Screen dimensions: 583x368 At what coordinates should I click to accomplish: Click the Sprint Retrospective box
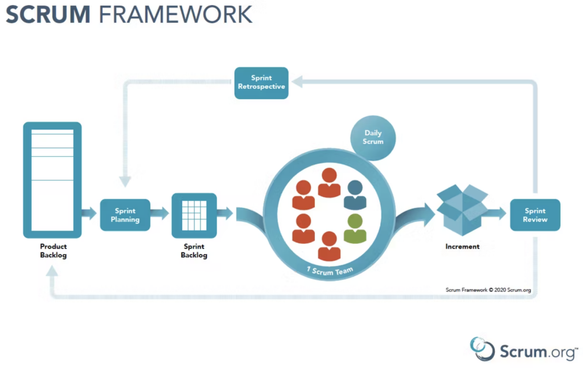pos(261,83)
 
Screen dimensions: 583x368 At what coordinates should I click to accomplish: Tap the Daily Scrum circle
pos(373,138)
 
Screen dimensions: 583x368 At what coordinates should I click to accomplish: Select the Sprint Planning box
pos(125,215)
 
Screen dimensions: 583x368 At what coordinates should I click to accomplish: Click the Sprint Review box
pos(535,215)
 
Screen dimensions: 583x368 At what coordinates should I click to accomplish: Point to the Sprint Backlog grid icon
pos(194,215)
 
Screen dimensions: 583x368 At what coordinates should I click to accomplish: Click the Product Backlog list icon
pos(52,180)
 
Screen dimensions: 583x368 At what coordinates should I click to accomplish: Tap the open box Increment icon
pos(462,210)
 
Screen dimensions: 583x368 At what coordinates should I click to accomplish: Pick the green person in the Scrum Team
pos(355,229)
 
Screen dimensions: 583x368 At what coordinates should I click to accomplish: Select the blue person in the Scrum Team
pos(355,195)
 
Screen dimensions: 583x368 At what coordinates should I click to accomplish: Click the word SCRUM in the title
pos(48,14)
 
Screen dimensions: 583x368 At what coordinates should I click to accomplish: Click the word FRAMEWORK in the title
pos(175,14)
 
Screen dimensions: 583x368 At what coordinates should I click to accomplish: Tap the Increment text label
pos(462,246)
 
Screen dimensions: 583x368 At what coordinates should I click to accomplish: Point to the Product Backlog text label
pos(54,251)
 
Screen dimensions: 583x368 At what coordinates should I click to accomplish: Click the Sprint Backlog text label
pos(194,251)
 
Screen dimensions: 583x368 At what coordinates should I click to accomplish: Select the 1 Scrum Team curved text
pos(330,271)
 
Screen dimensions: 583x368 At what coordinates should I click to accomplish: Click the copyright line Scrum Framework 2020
pos(488,290)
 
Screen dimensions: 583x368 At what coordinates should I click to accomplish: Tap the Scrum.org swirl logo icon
pos(482,349)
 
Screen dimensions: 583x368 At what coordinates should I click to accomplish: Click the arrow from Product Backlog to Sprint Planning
pos(89,213)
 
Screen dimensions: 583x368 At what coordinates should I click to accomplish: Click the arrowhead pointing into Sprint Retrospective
pos(297,81)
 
